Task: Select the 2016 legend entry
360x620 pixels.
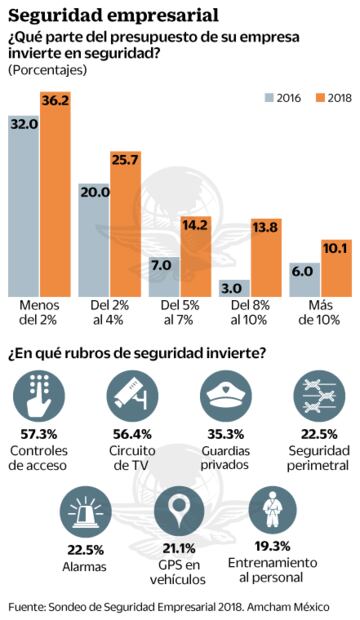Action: [x=281, y=98]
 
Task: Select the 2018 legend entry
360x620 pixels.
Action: [x=330, y=98]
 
